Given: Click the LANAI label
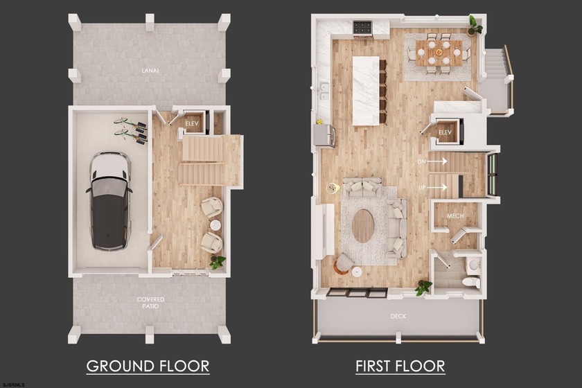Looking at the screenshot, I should pos(147,70).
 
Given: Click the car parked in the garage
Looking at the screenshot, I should pos(110,200).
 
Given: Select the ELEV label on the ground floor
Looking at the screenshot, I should pos(192,123).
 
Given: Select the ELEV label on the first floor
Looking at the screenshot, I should pos(445,132).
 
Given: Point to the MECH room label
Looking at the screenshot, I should pos(455,216).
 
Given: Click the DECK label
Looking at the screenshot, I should pos(398,317).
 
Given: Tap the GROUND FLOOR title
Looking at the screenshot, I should pos(148,365).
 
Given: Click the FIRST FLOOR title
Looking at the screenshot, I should pos(400,365).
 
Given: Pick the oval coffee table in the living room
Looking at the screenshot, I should pos(364,226).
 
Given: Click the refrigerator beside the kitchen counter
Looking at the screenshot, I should pos(324,134).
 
